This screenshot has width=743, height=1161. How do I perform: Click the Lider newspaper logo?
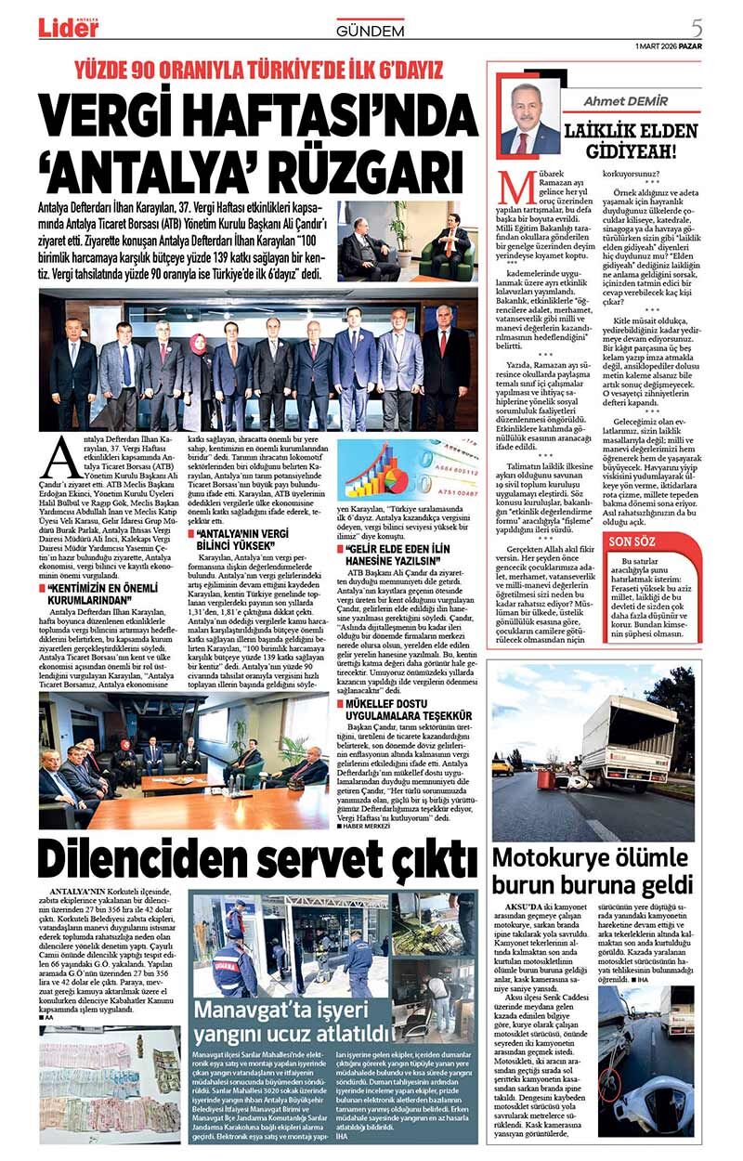pos(68,28)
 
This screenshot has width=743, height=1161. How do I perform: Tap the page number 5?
pos(697,27)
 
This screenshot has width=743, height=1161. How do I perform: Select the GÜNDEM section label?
pos(370,31)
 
